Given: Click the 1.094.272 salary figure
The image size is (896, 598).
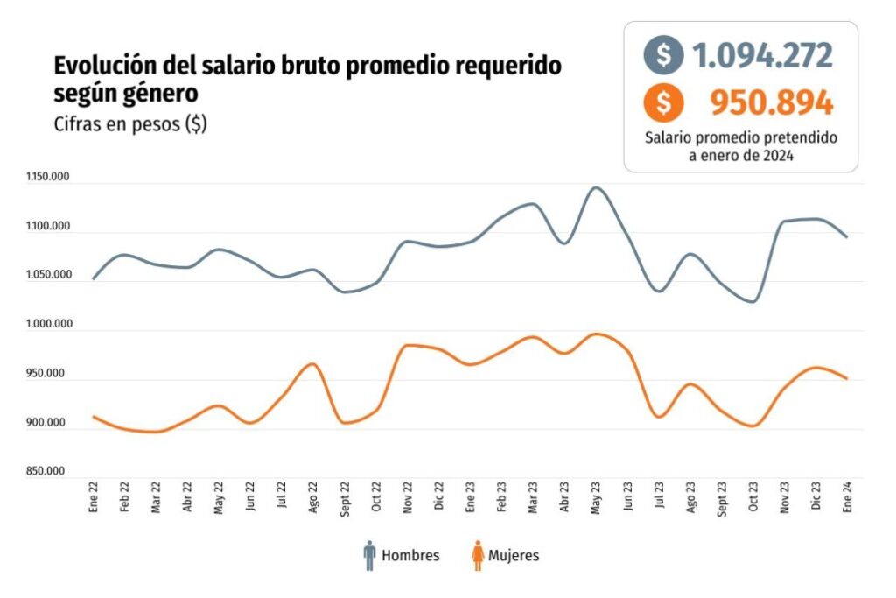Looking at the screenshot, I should click(762, 56).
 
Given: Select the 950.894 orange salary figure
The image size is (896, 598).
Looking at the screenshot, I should click(771, 103).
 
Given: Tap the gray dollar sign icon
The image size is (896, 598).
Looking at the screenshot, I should click(664, 56).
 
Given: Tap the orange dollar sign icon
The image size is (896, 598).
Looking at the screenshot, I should click(664, 103).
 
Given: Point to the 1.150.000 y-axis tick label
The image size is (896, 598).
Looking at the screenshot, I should click(48, 179).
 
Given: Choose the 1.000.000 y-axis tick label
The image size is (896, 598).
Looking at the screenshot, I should click(48, 325).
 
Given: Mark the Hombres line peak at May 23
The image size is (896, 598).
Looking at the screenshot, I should click(596, 187).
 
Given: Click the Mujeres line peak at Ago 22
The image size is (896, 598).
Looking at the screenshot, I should click(313, 363).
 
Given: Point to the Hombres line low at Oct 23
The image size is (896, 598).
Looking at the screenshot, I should click(752, 301).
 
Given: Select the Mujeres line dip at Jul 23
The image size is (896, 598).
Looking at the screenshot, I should click(659, 417).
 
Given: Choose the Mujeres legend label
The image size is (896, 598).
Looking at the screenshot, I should click(514, 555).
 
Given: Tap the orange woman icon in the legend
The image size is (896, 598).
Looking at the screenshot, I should click(478, 555).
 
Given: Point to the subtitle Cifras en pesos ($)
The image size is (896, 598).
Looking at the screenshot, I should click(130, 123).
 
